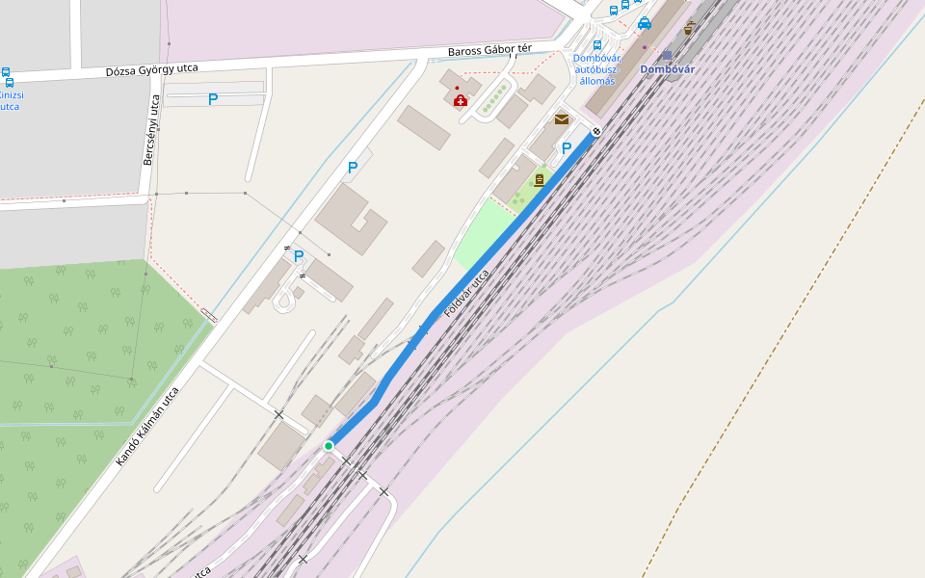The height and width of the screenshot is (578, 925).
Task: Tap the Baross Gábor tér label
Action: (x=489, y=48)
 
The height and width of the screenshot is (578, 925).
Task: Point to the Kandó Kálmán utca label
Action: (x=147, y=427)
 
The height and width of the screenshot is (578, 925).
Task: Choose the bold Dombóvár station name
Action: (x=667, y=69)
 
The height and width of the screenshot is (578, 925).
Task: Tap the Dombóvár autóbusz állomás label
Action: (x=597, y=69)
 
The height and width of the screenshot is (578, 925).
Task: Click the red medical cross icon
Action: (x=461, y=100)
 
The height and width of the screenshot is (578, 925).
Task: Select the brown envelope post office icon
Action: (x=561, y=119)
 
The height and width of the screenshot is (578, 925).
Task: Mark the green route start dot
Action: (x=329, y=446)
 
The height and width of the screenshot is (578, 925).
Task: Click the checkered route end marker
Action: (x=597, y=131)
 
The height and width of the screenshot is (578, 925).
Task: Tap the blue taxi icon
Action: (x=644, y=24)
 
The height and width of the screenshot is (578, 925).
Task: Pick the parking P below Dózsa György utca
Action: (x=213, y=99)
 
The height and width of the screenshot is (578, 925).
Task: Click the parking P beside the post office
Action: (x=567, y=148)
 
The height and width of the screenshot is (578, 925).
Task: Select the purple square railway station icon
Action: (x=667, y=55)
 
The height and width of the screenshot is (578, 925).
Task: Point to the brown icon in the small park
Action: (x=539, y=179)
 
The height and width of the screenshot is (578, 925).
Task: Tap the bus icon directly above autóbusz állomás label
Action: (x=597, y=44)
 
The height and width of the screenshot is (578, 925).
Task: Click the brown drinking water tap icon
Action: (x=688, y=28)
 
